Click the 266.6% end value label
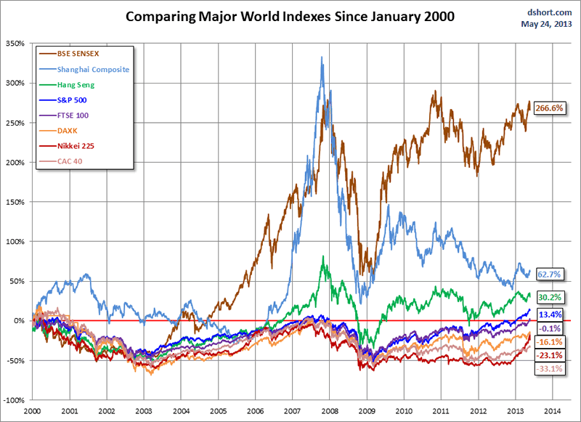[550, 107]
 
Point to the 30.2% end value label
[551, 297]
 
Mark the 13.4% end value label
[551, 314]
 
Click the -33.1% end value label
[550, 369]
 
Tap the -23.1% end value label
[550, 355]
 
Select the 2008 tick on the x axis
[330, 410]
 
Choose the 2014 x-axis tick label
[553, 410]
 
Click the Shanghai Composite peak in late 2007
[322, 58]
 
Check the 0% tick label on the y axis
[18, 321]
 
